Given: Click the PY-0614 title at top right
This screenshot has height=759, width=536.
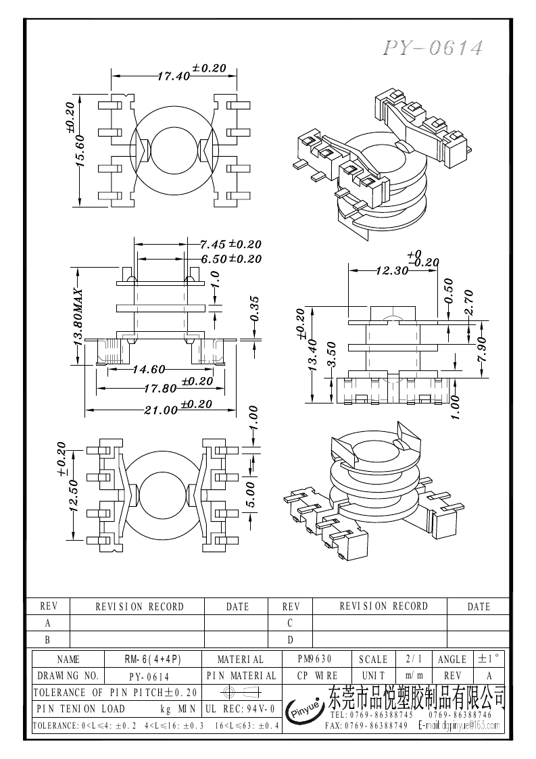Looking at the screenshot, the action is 433,48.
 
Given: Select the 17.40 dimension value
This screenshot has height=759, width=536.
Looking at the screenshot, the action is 173,76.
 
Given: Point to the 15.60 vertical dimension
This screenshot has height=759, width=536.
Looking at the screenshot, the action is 80,151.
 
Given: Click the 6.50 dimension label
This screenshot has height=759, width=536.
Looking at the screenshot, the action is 214,259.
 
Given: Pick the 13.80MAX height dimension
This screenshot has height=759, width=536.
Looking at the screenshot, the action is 78,318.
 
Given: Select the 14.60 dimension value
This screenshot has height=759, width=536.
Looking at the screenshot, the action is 149,369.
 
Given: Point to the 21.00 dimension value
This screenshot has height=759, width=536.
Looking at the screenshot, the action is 161,410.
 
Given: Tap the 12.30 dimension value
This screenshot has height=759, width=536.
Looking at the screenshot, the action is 392,270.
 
